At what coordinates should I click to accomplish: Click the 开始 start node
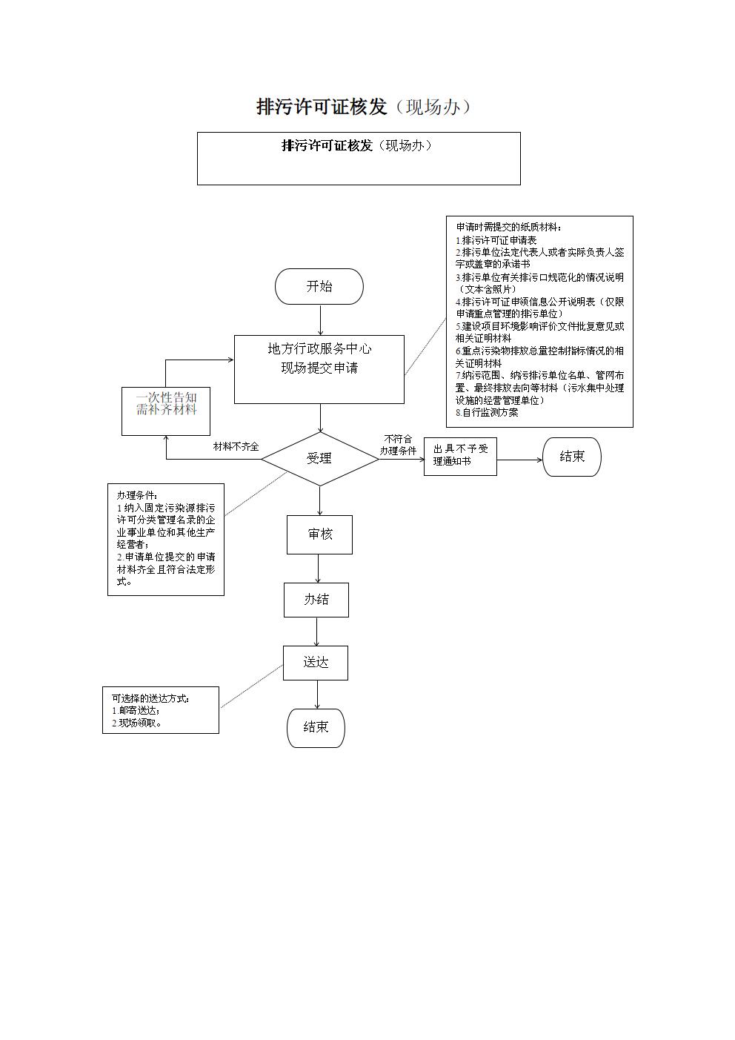319,286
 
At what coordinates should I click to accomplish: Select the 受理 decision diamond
319,459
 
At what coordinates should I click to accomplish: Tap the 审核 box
319,534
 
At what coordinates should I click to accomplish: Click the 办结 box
316,600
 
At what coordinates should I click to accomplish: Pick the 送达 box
316,663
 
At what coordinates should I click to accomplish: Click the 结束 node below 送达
316,727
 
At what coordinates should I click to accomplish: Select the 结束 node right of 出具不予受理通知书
572,457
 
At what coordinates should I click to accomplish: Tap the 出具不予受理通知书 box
460,457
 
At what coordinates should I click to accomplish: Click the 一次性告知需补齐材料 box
166,411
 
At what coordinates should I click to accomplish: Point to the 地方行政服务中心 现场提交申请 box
319,369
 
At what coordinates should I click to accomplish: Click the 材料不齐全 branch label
236,447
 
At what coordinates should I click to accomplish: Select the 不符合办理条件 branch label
398,445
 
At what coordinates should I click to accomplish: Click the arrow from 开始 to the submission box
320,320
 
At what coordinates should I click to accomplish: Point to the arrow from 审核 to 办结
319,569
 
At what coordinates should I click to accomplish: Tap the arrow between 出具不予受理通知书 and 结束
519,460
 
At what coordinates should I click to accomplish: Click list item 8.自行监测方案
487,412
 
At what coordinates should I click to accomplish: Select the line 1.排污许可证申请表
496,240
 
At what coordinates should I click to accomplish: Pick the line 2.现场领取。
136,723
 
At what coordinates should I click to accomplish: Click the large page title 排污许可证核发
322,107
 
